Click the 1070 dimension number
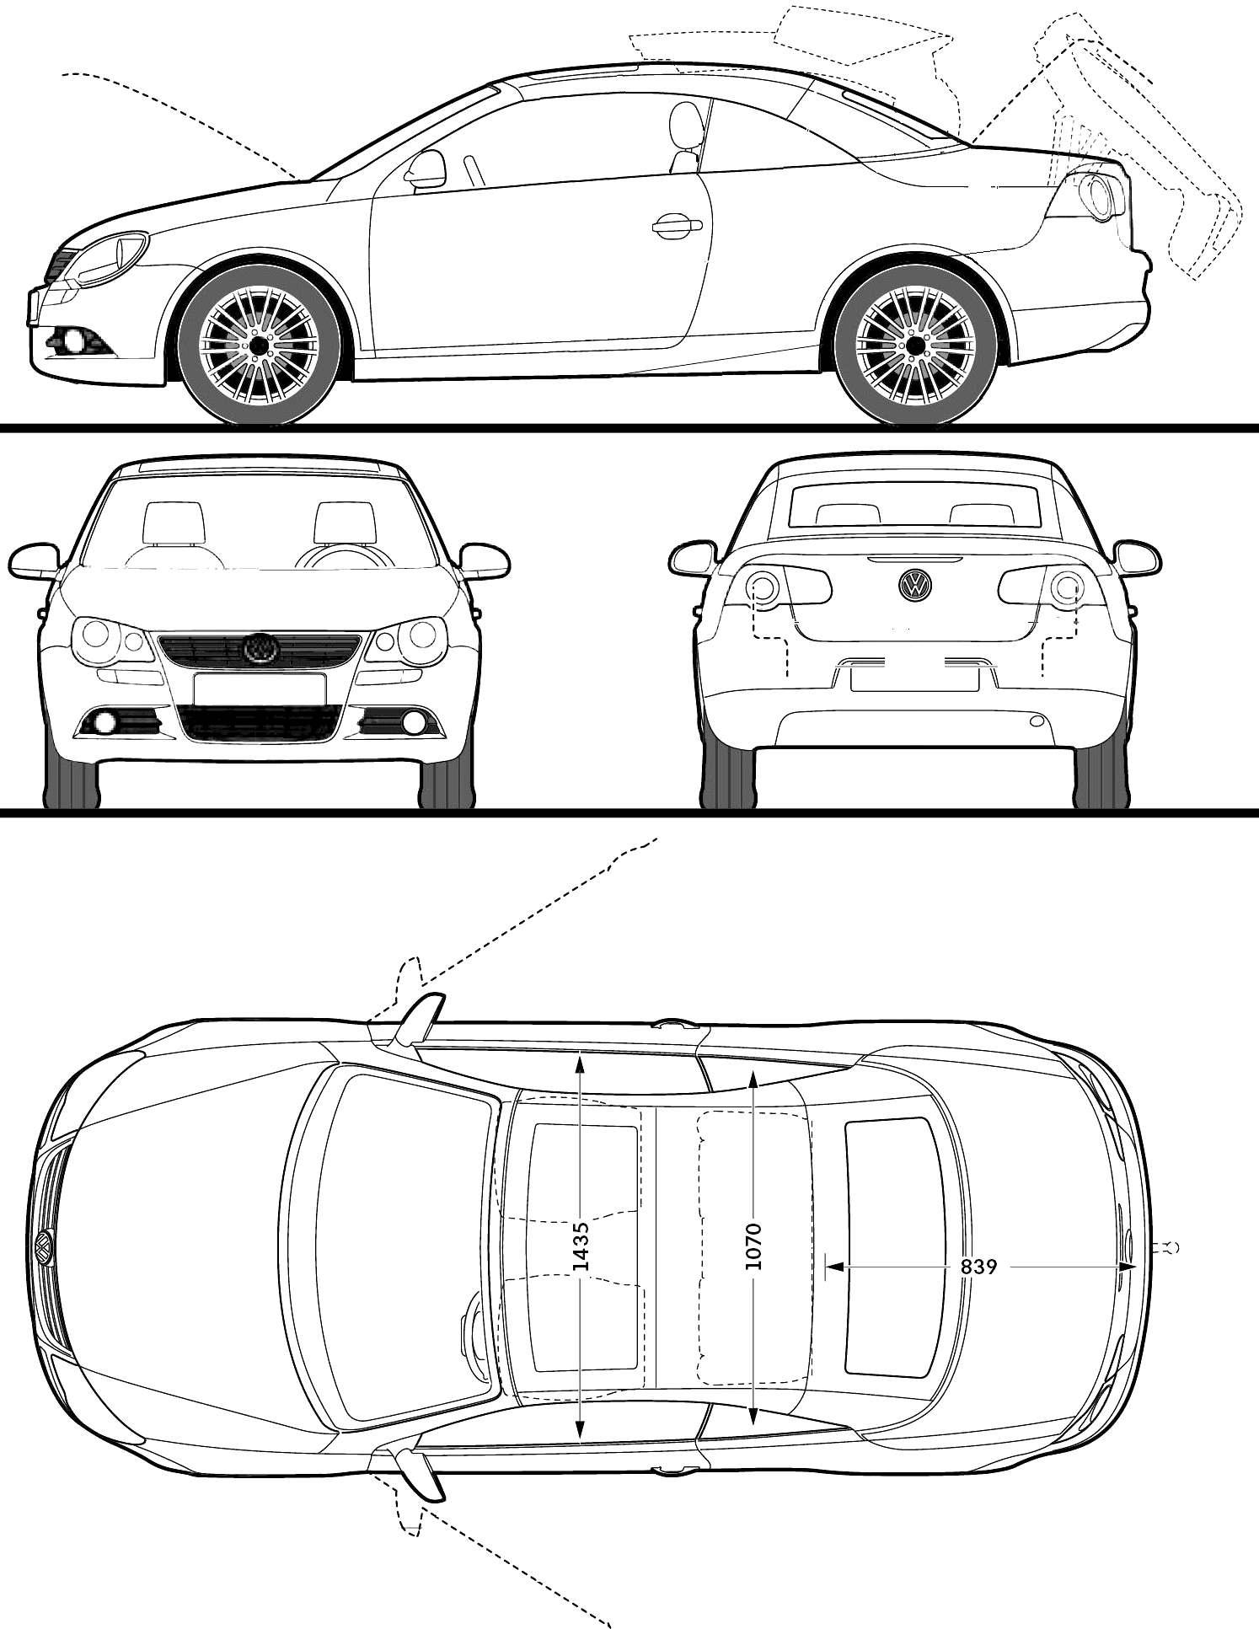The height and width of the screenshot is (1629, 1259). point(753,1246)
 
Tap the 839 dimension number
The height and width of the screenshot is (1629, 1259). point(979,1266)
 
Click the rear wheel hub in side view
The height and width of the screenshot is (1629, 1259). point(914,345)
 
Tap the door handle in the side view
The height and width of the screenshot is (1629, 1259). point(677,223)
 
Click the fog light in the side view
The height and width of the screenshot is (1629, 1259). point(73,341)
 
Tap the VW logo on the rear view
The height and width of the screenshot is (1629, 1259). point(914,585)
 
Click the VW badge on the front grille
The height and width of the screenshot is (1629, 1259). point(260,647)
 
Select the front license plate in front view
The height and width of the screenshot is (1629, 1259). point(260,689)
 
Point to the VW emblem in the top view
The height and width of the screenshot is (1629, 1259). point(43,1247)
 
